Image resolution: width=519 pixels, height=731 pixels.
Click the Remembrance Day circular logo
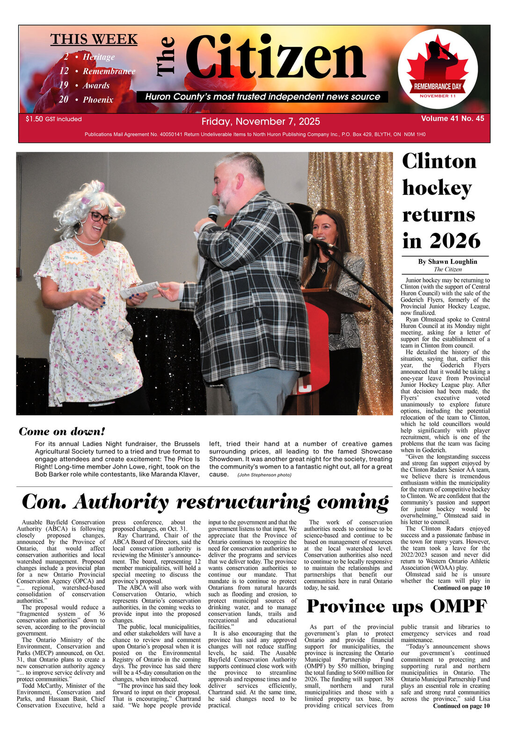(438, 69)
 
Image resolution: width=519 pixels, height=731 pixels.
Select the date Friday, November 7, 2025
(261, 122)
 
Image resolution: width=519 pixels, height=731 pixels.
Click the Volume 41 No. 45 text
(452, 119)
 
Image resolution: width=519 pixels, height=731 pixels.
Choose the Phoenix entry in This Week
(98, 100)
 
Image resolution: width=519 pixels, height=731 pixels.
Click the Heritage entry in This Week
(98, 57)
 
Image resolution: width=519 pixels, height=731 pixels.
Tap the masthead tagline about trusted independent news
(263, 97)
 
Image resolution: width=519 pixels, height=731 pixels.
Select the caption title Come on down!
(62, 432)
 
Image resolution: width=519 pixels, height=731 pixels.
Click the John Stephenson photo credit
(264, 475)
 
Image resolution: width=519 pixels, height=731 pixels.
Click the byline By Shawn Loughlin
(447, 261)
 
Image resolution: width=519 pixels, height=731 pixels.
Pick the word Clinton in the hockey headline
(439, 162)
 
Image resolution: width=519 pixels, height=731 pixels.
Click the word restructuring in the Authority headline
(243, 502)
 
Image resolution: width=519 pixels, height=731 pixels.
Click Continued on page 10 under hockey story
(461, 588)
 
